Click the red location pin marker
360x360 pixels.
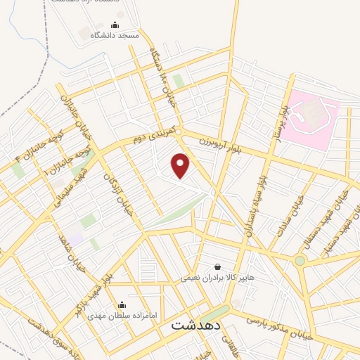(x=181, y=165)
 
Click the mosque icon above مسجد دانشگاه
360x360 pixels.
(x=124, y=25)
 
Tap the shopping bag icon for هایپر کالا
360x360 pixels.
(x=217, y=267)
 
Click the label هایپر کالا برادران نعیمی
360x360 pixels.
(x=210, y=278)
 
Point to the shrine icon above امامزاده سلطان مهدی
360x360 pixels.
(x=122, y=305)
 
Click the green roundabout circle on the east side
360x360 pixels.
(x=300, y=261)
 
